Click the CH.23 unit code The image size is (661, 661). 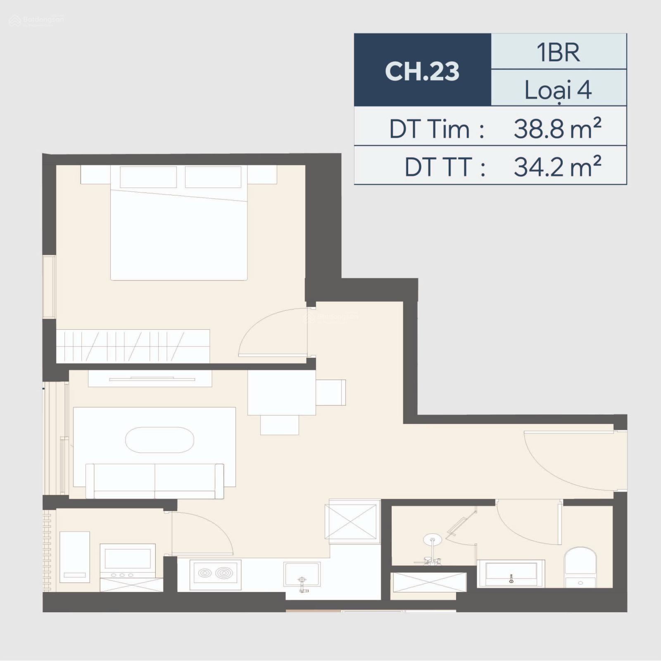click(422, 71)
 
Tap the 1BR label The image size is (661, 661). click(558, 52)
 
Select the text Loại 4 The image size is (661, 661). click(558, 90)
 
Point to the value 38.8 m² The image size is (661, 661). click(557, 128)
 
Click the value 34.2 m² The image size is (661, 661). click(557, 166)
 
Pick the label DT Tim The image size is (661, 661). click(437, 129)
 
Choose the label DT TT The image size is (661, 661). click(445, 167)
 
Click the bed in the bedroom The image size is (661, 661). click(178, 223)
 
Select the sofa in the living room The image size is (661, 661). click(155, 481)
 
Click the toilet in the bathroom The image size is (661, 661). click(580, 567)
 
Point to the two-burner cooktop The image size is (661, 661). click(215, 574)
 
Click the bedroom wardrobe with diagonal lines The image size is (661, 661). click(133, 346)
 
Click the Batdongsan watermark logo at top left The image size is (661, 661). click(36, 20)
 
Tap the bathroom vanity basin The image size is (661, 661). click(511, 573)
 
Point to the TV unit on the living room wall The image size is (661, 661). click(150, 378)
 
